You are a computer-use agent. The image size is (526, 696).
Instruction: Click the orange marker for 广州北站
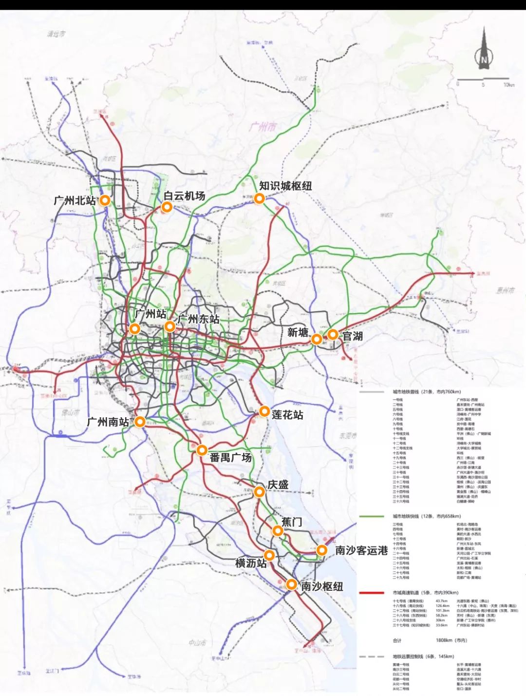pos(105,200)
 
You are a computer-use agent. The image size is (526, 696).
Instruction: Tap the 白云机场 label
pos(184,196)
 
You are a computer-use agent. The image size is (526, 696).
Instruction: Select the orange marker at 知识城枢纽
pos(259,198)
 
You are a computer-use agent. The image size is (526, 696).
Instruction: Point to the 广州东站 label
pos(198,319)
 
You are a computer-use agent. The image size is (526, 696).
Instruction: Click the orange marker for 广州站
pos(135,329)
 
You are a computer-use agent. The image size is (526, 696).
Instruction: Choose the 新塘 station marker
pos(317,339)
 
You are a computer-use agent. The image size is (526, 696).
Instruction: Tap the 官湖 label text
pos(352,336)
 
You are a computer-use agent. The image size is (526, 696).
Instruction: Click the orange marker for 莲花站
pos(264,411)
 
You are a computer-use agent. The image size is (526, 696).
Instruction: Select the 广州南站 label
pos(108,422)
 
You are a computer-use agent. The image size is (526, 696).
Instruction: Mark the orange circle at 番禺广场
pos(202,450)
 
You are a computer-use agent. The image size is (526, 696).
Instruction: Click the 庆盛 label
pos(278,484)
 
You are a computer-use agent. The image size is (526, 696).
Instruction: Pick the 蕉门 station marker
pos(277,531)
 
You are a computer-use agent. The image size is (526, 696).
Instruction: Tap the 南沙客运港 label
pos(361,550)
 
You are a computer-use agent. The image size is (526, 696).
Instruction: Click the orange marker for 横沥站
pos(269,555)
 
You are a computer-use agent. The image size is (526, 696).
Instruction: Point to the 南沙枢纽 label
pos(322,586)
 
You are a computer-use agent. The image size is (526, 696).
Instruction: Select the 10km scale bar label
pos(508,85)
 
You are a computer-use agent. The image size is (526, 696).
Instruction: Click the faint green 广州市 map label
pos(263,127)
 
